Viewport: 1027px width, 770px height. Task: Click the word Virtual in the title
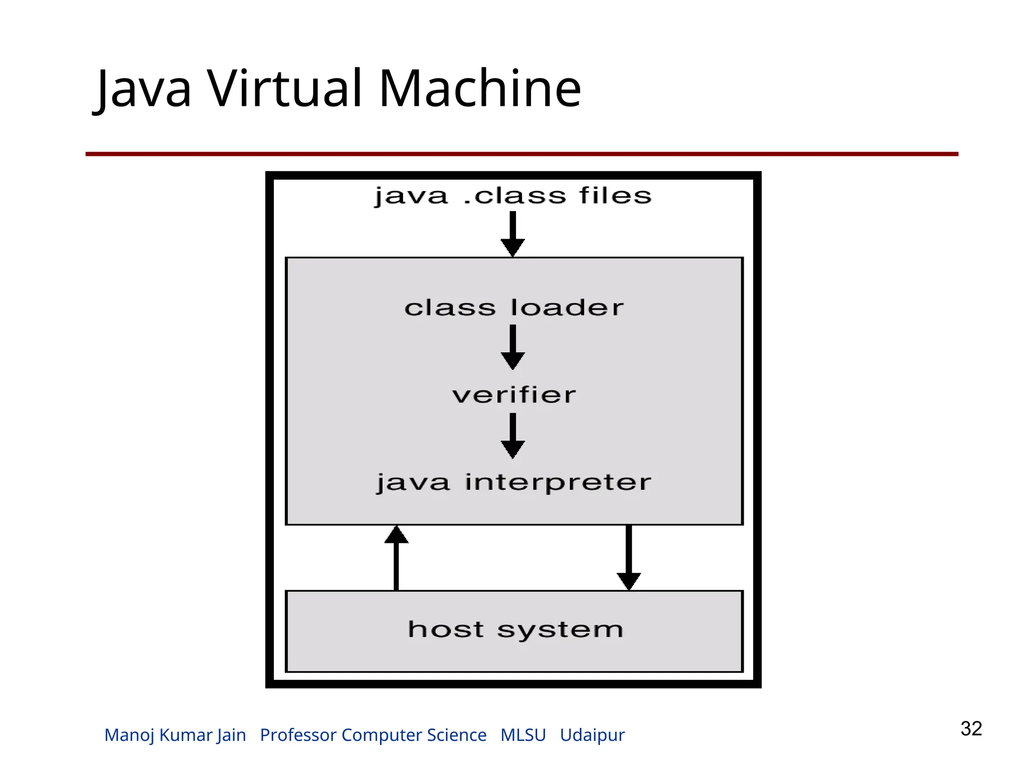pos(285,89)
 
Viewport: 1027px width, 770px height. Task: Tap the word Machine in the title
pos(480,89)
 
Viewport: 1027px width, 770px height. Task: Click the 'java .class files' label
pos(512,196)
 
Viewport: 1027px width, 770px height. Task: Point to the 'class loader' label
pos(514,307)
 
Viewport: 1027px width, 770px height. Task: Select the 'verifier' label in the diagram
pos(514,395)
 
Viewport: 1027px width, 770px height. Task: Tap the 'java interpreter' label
pos(514,482)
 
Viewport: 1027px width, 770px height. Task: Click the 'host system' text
pos(515,630)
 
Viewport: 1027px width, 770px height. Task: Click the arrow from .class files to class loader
pos(512,234)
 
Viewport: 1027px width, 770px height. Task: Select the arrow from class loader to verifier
pos(512,347)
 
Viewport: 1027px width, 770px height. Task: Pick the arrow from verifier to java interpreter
pos(512,435)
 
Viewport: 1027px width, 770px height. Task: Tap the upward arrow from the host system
pos(396,557)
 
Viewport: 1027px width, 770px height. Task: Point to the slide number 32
pos(971,728)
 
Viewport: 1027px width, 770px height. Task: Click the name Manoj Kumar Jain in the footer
pos(175,735)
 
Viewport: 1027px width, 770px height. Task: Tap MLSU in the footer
pos(523,735)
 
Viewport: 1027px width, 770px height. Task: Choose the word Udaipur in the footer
pos(592,735)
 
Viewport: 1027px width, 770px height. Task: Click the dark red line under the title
pos(522,154)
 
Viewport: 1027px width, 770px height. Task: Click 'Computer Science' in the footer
pos(414,735)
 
